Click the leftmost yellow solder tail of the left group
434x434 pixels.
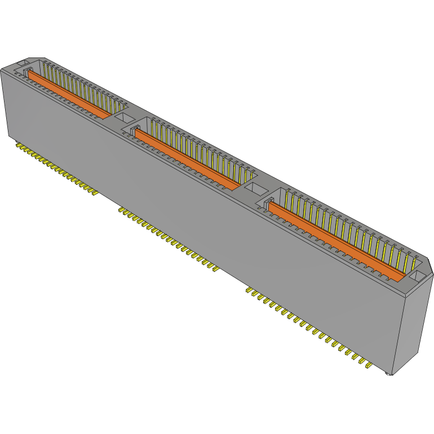(x=18, y=145)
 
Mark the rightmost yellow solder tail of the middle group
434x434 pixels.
(x=214, y=269)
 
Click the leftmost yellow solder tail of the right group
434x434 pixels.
(x=249, y=290)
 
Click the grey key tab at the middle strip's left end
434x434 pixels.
(x=135, y=131)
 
